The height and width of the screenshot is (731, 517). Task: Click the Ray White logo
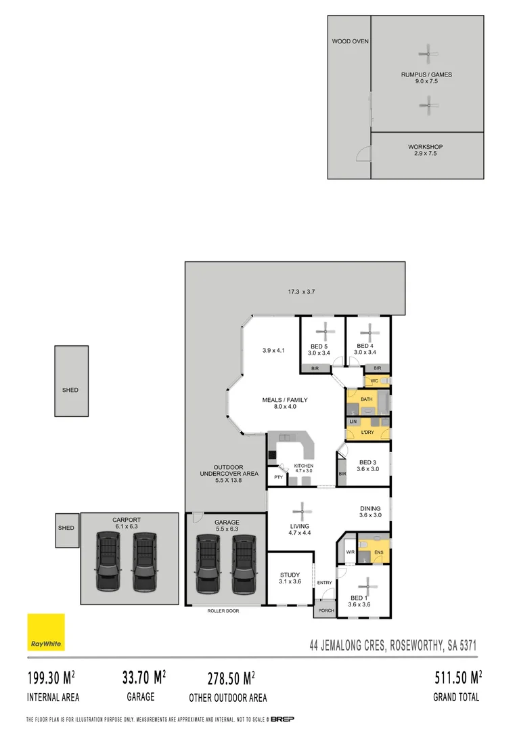pyautogui.click(x=45, y=632)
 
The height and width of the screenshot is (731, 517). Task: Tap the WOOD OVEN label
pyautogui.click(x=350, y=41)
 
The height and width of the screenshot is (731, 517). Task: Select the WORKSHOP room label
pyautogui.click(x=425, y=147)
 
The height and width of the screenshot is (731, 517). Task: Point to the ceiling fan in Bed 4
pyautogui.click(x=369, y=331)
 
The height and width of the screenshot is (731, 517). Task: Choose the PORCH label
pyautogui.click(x=325, y=611)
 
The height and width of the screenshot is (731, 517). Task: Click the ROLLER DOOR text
pyautogui.click(x=223, y=611)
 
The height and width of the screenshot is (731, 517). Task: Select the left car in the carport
pyautogui.click(x=108, y=561)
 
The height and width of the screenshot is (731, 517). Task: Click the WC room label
pyautogui.click(x=374, y=382)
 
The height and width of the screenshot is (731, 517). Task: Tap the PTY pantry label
pyautogui.click(x=278, y=477)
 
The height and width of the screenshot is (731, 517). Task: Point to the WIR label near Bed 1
pyautogui.click(x=350, y=552)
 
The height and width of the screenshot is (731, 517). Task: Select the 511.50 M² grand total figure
pyautogui.click(x=457, y=677)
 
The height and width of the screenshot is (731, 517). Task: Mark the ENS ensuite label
pyautogui.click(x=378, y=552)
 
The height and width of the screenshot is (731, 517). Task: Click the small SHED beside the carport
pyautogui.click(x=66, y=528)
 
